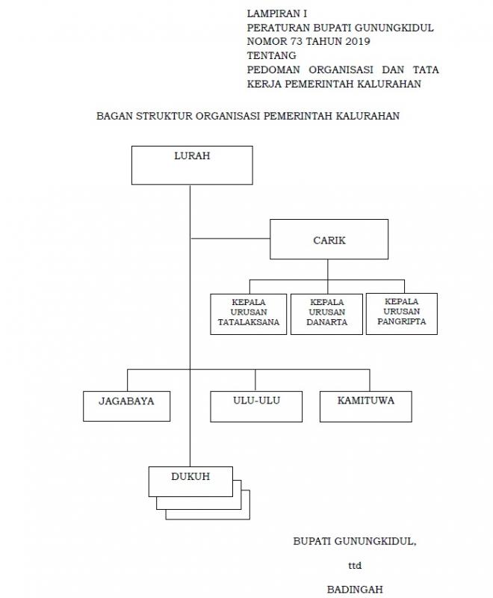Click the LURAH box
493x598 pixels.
tap(192, 165)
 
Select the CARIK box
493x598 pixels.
tap(329, 239)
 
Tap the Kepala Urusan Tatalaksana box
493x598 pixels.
tap(249, 314)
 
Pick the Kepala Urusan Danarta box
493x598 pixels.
tap(326, 314)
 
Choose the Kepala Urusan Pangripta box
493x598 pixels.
tap(402, 313)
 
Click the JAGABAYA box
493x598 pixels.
tap(126, 406)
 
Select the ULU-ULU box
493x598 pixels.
tap(256, 407)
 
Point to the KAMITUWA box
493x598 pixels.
tap(366, 407)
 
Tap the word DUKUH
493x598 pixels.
tap(190, 476)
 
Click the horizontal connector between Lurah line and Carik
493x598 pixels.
tap(230, 238)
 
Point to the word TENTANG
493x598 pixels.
tap(272, 55)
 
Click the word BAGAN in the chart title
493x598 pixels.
tap(114, 116)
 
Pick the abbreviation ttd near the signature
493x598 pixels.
tap(355, 565)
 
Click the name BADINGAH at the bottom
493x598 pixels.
tap(355, 589)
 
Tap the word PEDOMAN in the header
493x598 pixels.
tap(273, 70)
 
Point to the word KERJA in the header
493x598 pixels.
tap(263, 84)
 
